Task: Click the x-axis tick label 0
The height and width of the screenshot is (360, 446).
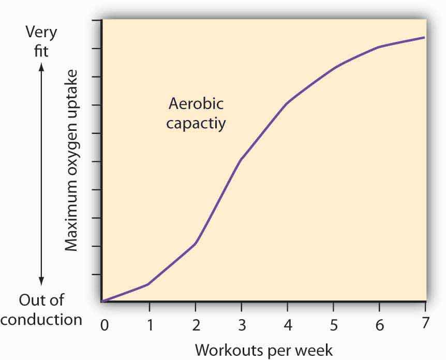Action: (104, 325)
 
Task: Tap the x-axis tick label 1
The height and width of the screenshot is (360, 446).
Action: (150, 325)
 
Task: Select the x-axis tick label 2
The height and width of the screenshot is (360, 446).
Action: (196, 325)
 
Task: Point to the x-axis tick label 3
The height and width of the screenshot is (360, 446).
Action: (242, 325)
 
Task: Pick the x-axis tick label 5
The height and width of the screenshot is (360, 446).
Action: (333, 325)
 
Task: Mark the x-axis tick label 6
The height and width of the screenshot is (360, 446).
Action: (379, 325)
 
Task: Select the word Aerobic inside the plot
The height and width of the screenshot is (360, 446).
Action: (196, 103)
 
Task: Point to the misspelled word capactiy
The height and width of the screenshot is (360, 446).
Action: (196, 124)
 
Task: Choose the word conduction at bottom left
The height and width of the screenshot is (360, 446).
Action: (41, 319)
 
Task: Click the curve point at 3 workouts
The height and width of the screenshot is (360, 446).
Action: (241, 160)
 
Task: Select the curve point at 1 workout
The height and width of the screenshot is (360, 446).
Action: (149, 284)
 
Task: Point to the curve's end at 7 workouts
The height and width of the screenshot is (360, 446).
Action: (425, 37)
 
